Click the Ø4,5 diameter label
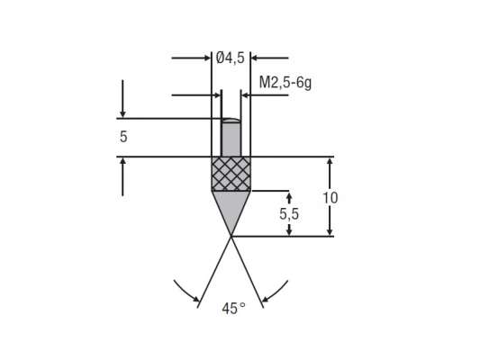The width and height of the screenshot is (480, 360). coord(231,58)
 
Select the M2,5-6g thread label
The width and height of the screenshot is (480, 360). coord(285,83)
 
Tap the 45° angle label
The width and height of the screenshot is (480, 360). coord(232,308)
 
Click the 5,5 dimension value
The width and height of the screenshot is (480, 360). coord(288,214)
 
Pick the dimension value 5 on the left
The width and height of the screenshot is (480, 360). coord(122,138)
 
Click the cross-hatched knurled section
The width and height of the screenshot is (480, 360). coord(231,173)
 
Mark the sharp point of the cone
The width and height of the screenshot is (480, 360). coord(231,235)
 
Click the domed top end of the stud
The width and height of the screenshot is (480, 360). coord(231,121)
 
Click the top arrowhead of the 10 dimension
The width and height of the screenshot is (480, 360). coord(330,163)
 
